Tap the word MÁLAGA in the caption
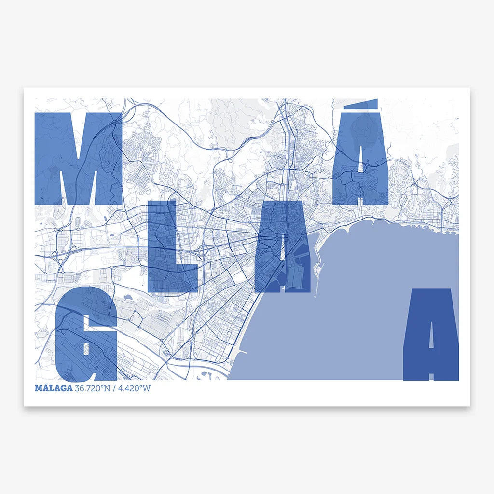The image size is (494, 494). click(x=54, y=388)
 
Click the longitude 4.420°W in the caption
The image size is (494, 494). click(x=134, y=388)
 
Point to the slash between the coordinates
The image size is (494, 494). click(x=114, y=388)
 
